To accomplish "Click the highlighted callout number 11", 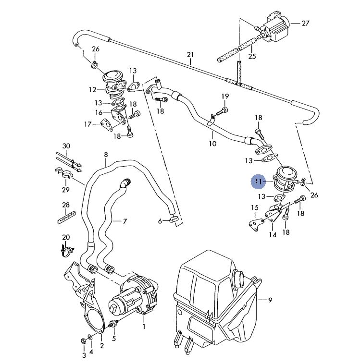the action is click(x=259, y=182).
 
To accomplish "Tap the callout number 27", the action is click(x=306, y=23).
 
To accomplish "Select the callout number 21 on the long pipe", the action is click(x=190, y=55).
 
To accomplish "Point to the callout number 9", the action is click(x=270, y=300).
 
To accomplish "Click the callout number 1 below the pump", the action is click(x=144, y=327).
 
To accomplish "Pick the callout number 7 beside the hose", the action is click(x=125, y=221).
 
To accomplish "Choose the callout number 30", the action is click(x=66, y=146).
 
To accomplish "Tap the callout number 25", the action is click(x=252, y=56).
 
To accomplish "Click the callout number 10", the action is click(x=212, y=144).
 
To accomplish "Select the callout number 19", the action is click(x=225, y=96).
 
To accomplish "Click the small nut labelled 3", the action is click(x=82, y=341).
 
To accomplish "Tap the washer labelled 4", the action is click(x=90, y=336).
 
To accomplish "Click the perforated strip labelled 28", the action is click(x=66, y=218).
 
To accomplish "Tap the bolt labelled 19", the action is click(x=222, y=111).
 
